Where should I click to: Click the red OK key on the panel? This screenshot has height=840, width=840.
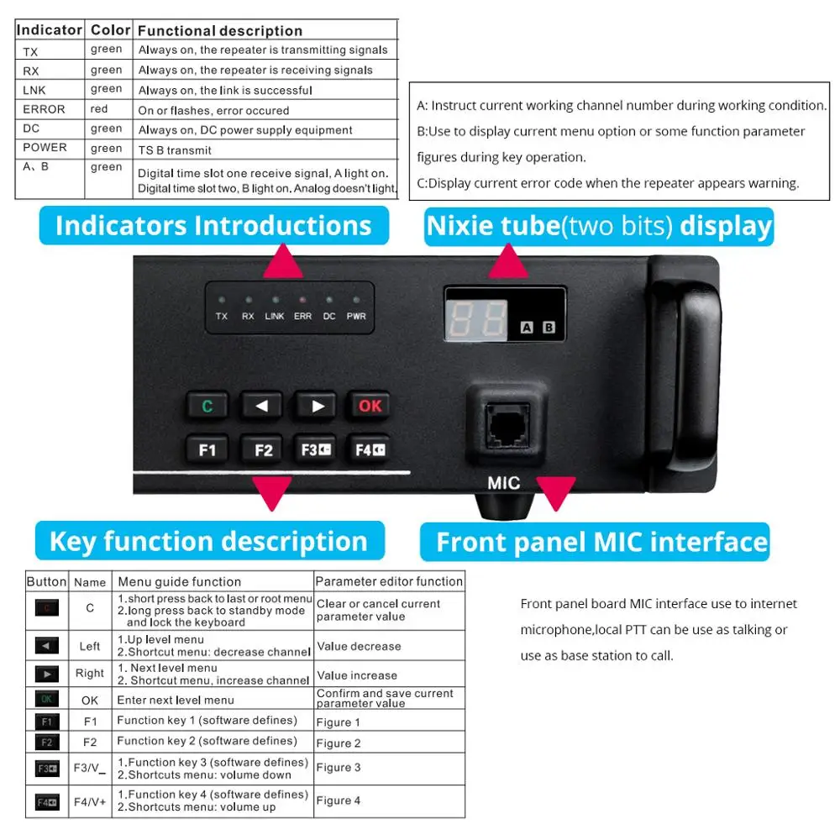(370, 407)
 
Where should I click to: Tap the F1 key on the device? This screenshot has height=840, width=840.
(207, 450)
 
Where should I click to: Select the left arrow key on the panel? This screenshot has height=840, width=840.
(262, 407)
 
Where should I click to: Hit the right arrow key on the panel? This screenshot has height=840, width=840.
(317, 407)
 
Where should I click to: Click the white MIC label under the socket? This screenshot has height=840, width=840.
(503, 483)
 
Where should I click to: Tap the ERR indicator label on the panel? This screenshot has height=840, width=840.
(302, 317)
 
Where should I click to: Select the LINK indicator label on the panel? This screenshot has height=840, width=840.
(275, 317)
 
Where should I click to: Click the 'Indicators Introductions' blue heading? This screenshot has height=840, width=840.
(213, 225)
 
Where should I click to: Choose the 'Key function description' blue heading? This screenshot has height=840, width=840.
(208, 541)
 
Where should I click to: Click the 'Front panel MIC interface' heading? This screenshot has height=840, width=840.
(601, 542)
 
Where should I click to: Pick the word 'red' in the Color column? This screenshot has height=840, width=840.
(99, 109)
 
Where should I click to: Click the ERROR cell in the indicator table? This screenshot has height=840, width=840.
(45, 109)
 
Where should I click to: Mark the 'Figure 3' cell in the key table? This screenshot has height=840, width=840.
(339, 767)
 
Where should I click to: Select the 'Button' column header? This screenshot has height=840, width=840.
(46, 581)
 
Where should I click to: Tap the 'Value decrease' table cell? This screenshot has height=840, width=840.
(359, 647)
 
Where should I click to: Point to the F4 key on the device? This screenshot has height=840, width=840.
(370, 450)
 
